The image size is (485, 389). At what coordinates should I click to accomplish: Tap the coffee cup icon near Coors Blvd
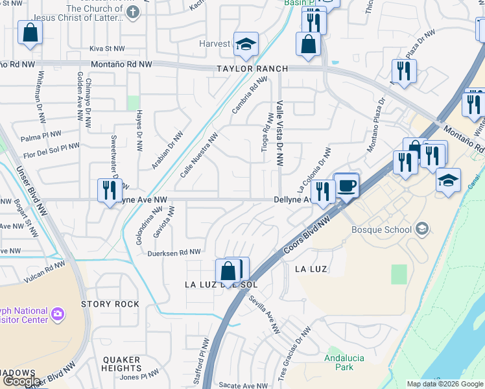pos(346,186)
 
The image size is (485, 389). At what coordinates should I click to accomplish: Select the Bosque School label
pos(381,229)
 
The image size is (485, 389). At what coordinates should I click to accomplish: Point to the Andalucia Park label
pos(344,362)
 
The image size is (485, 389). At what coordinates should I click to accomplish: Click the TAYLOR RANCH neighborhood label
pos(252,68)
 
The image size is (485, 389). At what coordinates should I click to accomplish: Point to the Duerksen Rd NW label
pos(174,252)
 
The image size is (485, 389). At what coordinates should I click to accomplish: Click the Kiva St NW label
pos(106,49)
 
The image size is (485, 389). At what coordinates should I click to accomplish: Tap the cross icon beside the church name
pos(133,13)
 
